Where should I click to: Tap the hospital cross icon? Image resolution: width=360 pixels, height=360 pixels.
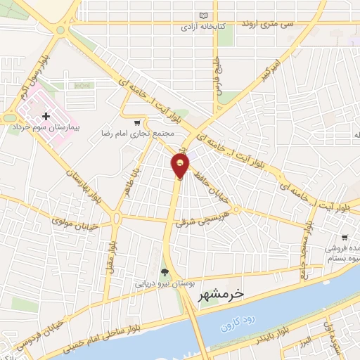coord(46,117)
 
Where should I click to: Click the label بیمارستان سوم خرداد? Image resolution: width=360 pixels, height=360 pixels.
coord(42,129)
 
